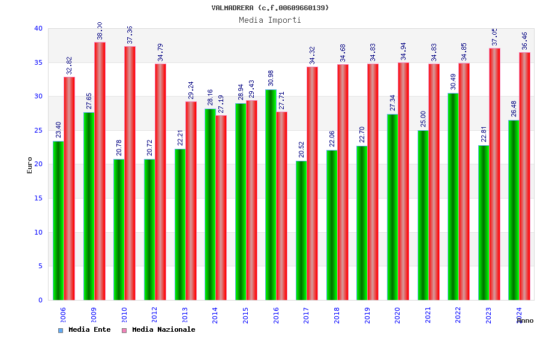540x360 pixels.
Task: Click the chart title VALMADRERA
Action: [x=270, y=8]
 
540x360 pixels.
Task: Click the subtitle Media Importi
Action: [x=270, y=20]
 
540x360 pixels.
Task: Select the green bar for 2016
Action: [x=271, y=194]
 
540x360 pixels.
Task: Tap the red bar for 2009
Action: [x=100, y=171]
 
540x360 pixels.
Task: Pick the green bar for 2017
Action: [x=301, y=230]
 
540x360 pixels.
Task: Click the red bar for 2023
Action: [x=494, y=174]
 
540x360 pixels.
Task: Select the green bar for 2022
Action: [x=453, y=196]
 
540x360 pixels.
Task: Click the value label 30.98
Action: [x=271, y=78]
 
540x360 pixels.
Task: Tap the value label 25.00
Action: [x=423, y=119]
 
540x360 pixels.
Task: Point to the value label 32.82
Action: [x=69, y=65]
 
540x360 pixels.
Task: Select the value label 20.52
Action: [x=301, y=149]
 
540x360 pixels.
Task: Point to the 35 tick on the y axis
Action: [x=38, y=62]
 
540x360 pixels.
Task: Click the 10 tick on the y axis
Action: [x=38, y=232]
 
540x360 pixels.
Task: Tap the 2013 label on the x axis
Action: [x=185, y=315]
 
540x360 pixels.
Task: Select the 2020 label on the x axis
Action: [x=398, y=315]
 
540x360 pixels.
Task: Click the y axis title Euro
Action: [x=30, y=165]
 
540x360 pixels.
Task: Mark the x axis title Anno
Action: [x=525, y=320]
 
